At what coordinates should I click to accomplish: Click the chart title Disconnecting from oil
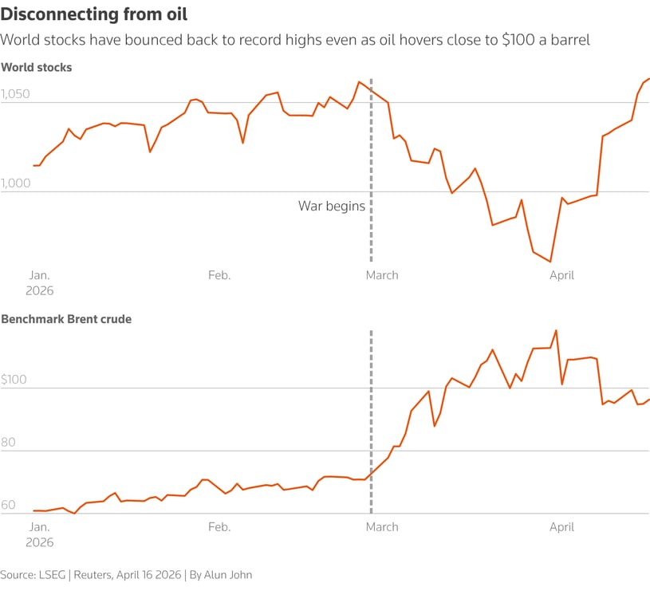(x=95, y=14)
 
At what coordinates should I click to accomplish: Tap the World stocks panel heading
(x=37, y=68)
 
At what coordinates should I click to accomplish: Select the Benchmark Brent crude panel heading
(x=66, y=319)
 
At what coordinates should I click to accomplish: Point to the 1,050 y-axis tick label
(x=15, y=94)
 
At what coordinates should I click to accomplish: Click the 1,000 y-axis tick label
(x=16, y=183)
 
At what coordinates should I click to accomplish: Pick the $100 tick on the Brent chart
(x=14, y=380)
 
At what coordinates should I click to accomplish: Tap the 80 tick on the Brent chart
(x=9, y=443)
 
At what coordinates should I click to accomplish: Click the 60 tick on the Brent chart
(x=9, y=506)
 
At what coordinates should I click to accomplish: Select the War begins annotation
(x=332, y=206)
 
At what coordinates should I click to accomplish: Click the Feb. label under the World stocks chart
(x=219, y=275)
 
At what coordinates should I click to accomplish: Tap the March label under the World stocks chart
(x=381, y=275)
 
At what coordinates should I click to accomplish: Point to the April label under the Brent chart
(x=561, y=527)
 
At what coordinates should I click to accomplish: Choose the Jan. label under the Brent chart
(x=39, y=527)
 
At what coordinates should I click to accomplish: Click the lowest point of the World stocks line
(x=550, y=262)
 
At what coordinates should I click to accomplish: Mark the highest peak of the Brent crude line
(x=556, y=330)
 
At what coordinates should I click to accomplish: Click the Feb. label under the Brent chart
(x=219, y=527)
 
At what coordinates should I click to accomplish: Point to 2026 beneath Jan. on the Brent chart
(x=40, y=542)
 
